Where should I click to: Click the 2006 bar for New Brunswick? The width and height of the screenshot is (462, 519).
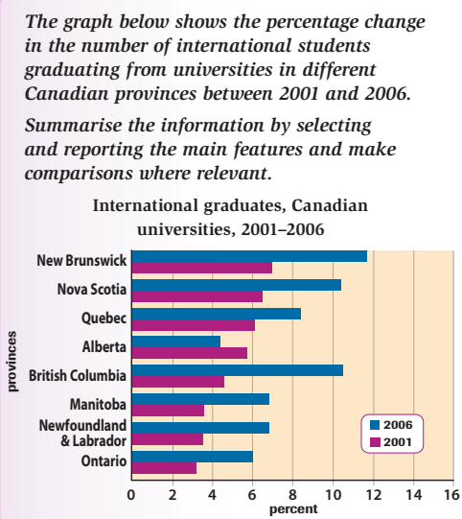click(249, 256)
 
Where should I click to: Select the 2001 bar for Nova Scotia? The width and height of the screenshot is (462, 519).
click(197, 296)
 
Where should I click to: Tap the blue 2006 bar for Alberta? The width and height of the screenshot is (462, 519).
click(176, 342)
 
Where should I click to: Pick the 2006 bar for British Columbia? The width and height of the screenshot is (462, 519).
click(238, 370)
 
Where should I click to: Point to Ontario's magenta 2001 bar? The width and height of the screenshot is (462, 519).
click(164, 468)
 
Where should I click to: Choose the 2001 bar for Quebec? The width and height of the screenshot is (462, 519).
click(194, 325)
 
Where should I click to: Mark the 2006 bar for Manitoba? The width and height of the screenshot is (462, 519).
click(200, 399)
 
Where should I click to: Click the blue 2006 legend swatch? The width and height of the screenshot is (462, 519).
click(375, 425)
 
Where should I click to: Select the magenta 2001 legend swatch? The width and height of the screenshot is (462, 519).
click(375, 442)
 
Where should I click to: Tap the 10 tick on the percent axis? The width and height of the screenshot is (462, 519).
click(333, 495)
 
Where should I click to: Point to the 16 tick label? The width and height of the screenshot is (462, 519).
click(451, 495)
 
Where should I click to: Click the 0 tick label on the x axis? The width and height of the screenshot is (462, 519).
click(131, 495)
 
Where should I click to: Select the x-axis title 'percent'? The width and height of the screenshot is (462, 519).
click(293, 509)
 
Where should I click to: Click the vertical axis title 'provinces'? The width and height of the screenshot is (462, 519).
click(12, 362)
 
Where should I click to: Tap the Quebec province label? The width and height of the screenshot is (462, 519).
click(104, 318)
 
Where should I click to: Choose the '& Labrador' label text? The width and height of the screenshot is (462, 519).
click(94, 441)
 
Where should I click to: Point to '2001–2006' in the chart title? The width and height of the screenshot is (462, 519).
click(283, 229)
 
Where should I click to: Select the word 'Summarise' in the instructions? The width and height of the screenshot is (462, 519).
click(74, 126)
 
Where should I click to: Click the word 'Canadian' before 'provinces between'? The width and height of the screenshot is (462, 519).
click(66, 94)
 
